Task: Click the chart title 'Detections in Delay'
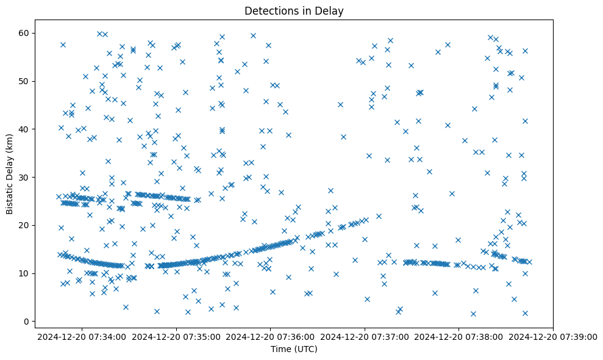[298, 10]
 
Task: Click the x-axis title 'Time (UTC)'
[294, 349]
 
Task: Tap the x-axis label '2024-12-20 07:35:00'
[177, 336]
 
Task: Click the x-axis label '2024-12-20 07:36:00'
[271, 336]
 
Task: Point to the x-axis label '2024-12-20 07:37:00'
[365, 336]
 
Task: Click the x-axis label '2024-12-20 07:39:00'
[552, 336]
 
